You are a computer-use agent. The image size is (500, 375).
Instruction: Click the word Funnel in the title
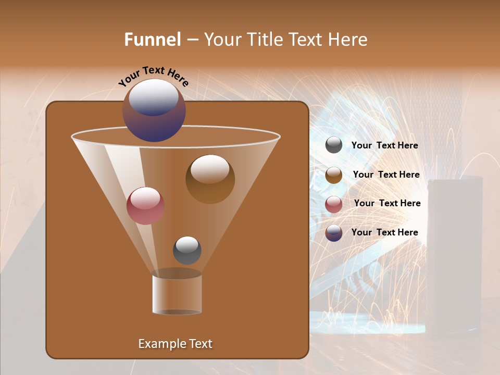(152, 40)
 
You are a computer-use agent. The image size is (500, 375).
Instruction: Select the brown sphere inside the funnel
(210, 180)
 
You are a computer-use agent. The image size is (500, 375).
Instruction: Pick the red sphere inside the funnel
(145, 206)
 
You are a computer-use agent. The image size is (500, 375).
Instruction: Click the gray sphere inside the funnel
(187, 250)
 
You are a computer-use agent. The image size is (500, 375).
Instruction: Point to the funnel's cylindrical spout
(177, 295)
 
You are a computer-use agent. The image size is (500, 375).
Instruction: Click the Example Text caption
(175, 344)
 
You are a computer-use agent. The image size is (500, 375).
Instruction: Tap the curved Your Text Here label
(154, 77)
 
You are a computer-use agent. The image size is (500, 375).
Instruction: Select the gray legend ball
(334, 145)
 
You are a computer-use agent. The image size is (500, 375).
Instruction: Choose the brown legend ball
(334, 175)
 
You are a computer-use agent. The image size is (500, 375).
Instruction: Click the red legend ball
(334, 204)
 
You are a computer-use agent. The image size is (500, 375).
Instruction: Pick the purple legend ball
(334, 233)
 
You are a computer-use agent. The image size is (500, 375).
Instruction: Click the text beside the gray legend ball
(384, 146)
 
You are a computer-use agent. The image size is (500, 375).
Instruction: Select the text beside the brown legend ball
(386, 175)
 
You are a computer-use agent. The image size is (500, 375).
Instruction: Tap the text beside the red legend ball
(387, 204)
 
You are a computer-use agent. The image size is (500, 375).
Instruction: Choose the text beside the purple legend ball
(384, 232)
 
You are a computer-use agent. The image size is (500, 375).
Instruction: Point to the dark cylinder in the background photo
(454, 255)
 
